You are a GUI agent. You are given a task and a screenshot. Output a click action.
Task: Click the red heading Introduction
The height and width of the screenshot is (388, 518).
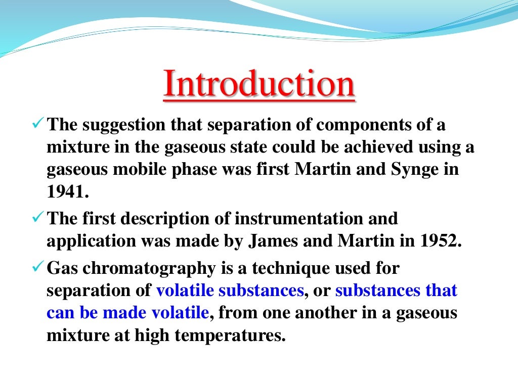pyautogui.click(x=258, y=85)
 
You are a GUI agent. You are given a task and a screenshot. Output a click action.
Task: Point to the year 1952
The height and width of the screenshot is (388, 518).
pyautogui.click(x=440, y=241)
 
